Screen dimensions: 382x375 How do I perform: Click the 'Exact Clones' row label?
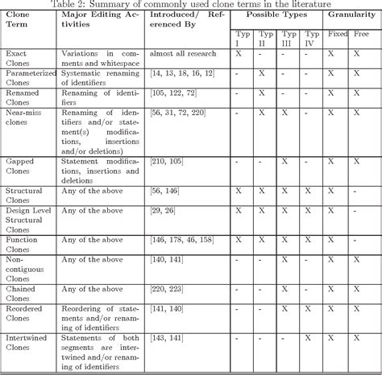click(18, 59)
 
